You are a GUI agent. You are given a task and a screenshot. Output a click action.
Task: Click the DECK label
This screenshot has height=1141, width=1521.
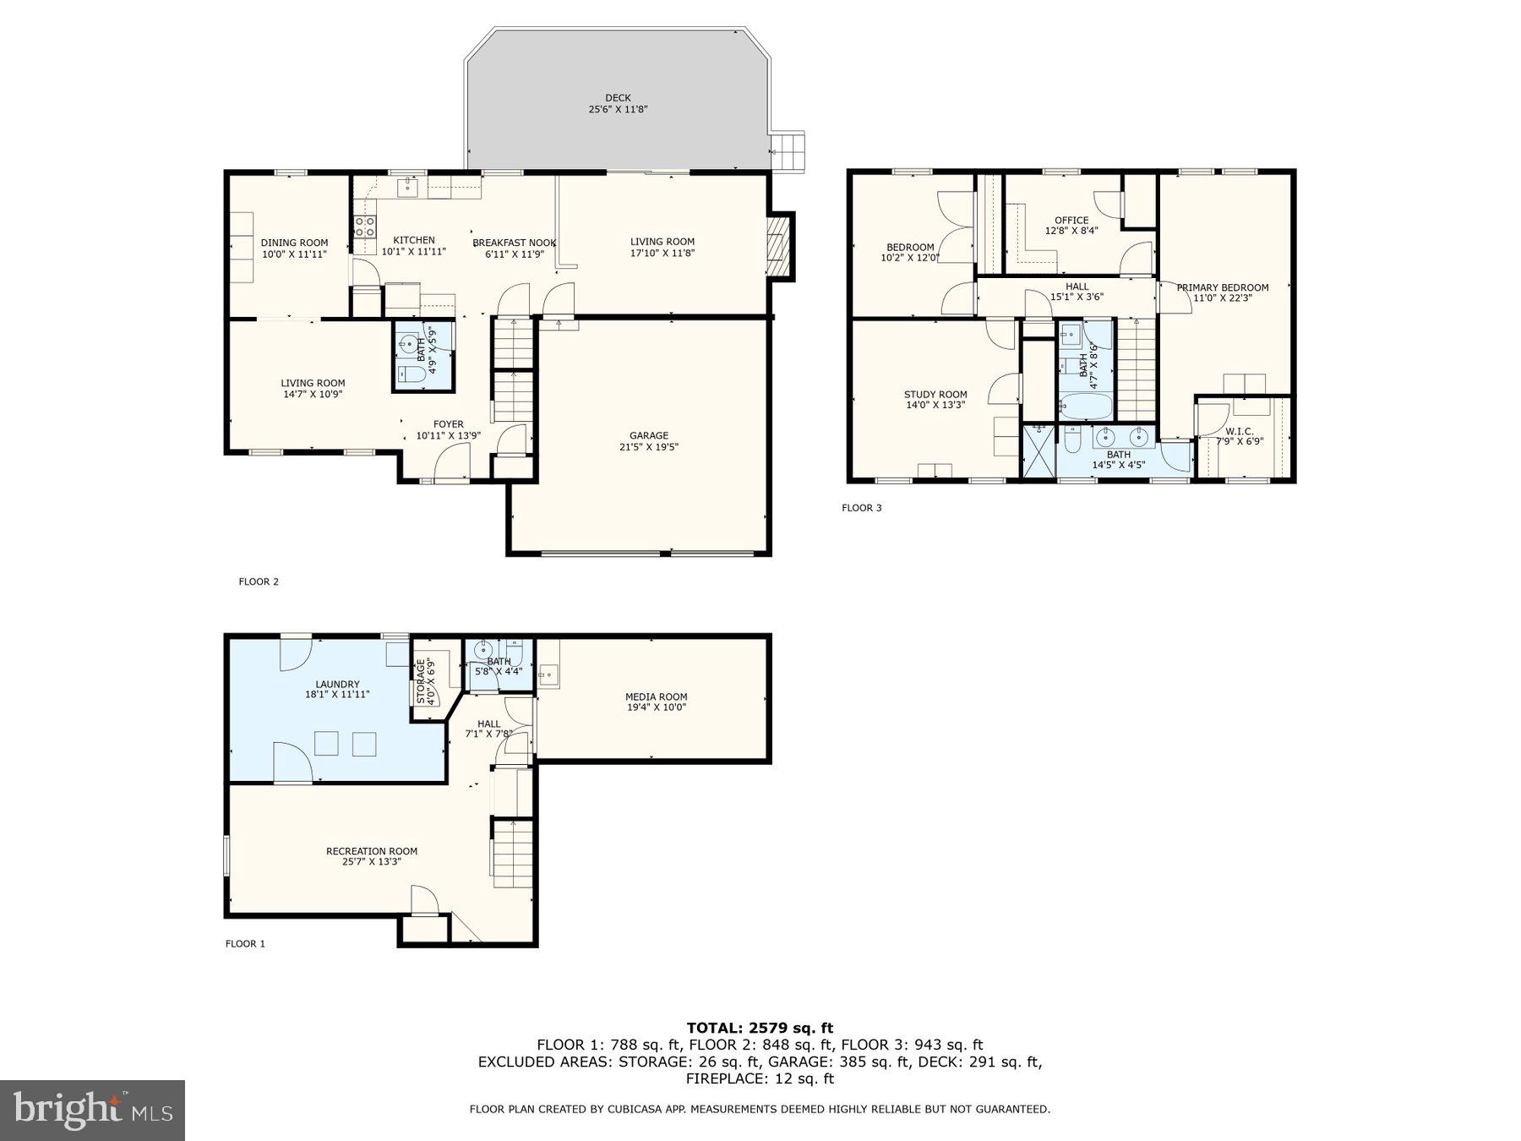point(618,98)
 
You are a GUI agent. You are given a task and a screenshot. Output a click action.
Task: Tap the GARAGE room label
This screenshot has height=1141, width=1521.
point(648,436)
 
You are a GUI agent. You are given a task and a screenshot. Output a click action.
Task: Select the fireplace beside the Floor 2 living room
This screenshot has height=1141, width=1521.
point(779,245)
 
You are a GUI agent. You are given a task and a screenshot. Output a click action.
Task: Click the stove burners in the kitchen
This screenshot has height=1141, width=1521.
point(364,226)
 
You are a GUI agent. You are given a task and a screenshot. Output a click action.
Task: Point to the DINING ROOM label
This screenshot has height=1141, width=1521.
point(294,243)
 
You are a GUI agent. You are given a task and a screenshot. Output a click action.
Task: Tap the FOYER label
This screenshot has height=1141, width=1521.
point(448,425)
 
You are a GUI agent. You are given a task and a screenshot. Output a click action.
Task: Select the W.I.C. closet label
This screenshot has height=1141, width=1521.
point(1240,431)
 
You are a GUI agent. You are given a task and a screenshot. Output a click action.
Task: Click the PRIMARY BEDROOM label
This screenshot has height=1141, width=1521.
point(1222,287)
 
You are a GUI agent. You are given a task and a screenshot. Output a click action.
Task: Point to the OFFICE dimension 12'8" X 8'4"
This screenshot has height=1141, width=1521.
point(1071,231)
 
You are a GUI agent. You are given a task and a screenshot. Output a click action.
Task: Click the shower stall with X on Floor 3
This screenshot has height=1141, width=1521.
point(1039,452)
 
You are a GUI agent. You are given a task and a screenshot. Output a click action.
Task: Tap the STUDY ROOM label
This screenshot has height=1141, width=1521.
point(935,395)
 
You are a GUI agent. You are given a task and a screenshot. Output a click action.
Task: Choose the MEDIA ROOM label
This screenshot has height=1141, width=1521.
point(656,697)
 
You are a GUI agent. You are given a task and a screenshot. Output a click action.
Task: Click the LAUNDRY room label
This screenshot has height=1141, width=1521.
point(337,685)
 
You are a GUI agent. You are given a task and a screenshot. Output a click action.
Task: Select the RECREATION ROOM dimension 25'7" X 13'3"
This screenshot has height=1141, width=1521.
point(372,862)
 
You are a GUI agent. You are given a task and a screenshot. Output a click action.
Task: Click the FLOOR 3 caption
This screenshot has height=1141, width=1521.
point(861,508)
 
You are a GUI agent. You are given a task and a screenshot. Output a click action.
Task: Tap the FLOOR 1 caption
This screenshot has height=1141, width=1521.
point(245,944)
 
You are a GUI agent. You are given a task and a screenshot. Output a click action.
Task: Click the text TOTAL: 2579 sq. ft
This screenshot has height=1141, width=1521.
point(760,1029)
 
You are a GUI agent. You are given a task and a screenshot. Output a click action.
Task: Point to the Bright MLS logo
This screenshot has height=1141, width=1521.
point(92,1111)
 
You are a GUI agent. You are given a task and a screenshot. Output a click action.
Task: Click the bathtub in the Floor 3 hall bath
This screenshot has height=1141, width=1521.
point(1085,407)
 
